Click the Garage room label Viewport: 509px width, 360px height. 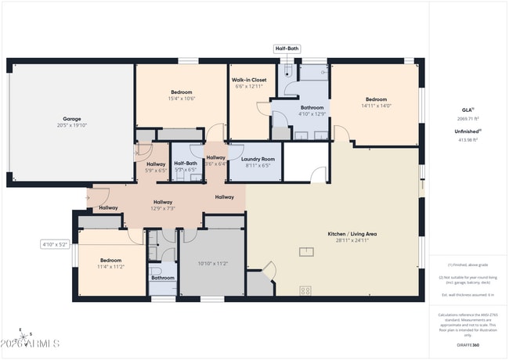(71, 119)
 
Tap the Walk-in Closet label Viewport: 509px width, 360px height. (250, 80)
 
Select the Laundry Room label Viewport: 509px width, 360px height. (258, 159)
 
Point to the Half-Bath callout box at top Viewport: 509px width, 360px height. (287, 49)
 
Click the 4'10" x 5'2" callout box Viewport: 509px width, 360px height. (56, 244)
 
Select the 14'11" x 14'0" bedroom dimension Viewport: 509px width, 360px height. (376, 106)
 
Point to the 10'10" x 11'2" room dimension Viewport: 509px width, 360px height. (213, 264)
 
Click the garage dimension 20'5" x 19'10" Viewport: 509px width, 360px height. (71, 126)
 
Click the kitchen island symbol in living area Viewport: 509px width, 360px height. (306, 251)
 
